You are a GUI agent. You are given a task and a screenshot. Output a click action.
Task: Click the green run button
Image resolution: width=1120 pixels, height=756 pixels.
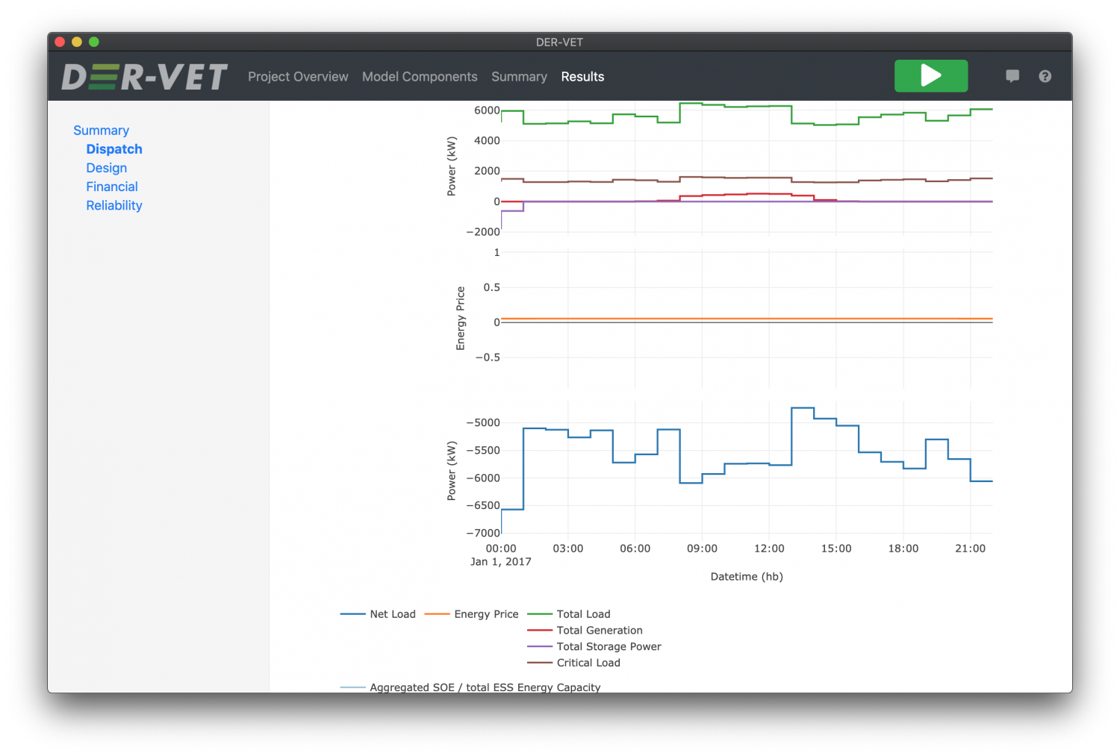click(x=931, y=76)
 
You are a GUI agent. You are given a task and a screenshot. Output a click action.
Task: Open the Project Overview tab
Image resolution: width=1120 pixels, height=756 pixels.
click(x=298, y=77)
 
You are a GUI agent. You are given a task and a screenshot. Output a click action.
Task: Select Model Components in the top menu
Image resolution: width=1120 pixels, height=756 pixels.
click(x=420, y=77)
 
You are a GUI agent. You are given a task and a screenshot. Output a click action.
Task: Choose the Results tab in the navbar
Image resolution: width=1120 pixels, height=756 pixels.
click(x=582, y=77)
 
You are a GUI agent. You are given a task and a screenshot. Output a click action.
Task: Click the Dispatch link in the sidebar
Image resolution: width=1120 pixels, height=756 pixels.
click(x=114, y=149)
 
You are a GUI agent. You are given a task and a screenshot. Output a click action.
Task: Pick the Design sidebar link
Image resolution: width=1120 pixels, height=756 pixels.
click(x=107, y=168)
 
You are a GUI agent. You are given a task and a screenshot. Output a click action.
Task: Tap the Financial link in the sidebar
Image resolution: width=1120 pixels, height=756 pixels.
click(x=112, y=187)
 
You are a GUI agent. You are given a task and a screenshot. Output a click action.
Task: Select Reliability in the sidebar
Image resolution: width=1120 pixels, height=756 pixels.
click(x=114, y=205)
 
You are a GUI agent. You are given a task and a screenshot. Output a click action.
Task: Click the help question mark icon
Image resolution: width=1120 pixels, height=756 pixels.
click(x=1045, y=76)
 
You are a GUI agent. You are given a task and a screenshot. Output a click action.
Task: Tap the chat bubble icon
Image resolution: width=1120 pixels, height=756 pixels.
click(x=1012, y=76)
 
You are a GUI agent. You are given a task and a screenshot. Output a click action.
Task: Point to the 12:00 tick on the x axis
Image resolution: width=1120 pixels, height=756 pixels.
click(x=769, y=549)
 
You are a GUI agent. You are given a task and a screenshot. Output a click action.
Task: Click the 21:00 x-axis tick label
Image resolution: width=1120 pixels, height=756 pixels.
click(x=970, y=549)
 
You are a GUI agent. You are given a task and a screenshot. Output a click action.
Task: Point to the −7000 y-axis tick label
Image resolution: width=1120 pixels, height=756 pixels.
click(x=483, y=533)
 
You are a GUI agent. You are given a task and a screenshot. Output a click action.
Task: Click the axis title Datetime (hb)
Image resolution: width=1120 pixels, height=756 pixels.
click(x=747, y=576)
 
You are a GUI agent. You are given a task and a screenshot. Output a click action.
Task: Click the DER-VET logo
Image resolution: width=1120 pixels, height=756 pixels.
click(x=144, y=77)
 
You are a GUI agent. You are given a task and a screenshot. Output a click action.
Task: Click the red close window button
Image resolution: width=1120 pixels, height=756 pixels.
click(x=60, y=42)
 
